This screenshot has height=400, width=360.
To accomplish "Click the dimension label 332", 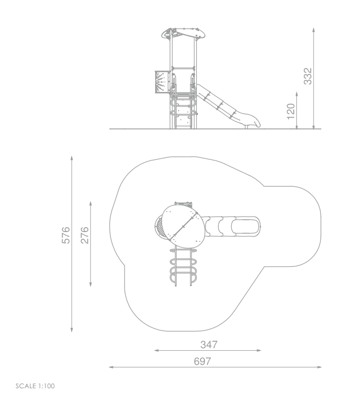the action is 308,76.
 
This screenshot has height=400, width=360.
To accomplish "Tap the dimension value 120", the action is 290,111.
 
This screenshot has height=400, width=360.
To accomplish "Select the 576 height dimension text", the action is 66,235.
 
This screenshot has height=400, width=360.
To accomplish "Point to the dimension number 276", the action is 85,235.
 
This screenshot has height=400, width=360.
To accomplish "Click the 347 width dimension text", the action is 209,344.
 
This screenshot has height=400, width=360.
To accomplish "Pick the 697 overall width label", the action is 202,361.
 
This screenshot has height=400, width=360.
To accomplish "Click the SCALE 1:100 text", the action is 35,386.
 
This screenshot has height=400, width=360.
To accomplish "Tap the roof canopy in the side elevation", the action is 183,33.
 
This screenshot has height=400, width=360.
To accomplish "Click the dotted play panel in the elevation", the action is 162,82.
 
